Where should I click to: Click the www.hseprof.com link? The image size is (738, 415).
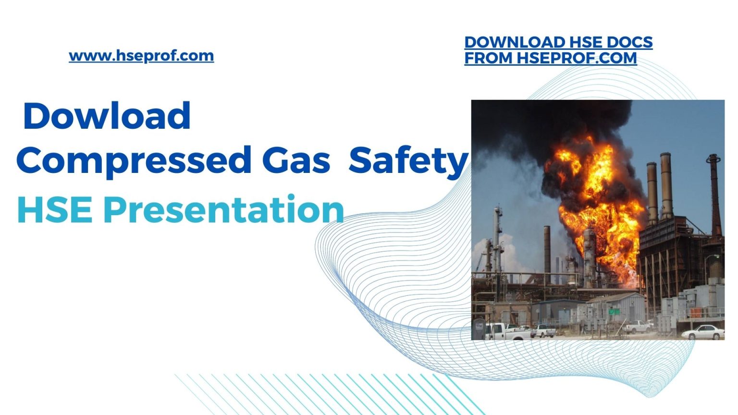pyautogui.click(x=141, y=56)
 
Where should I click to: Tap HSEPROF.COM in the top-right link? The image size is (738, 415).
pyautogui.click(x=577, y=58)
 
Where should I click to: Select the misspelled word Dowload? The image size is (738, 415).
pyautogui.click(x=107, y=116)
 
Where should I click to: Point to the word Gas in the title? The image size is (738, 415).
pyautogui.click(x=296, y=160)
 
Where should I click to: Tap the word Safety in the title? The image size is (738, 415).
pyautogui.click(x=408, y=160)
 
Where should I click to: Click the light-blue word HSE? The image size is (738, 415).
pyautogui.click(x=55, y=210)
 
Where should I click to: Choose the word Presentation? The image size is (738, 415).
pyautogui.click(x=224, y=210)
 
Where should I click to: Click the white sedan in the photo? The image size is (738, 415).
pyautogui.click(x=703, y=331)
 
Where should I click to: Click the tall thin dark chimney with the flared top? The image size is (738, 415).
pyautogui.click(x=714, y=192)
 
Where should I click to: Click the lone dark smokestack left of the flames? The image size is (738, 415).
pyautogui.click(x=547, y=250)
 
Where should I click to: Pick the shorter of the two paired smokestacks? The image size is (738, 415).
pyautogui.click(x=652, y=192)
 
